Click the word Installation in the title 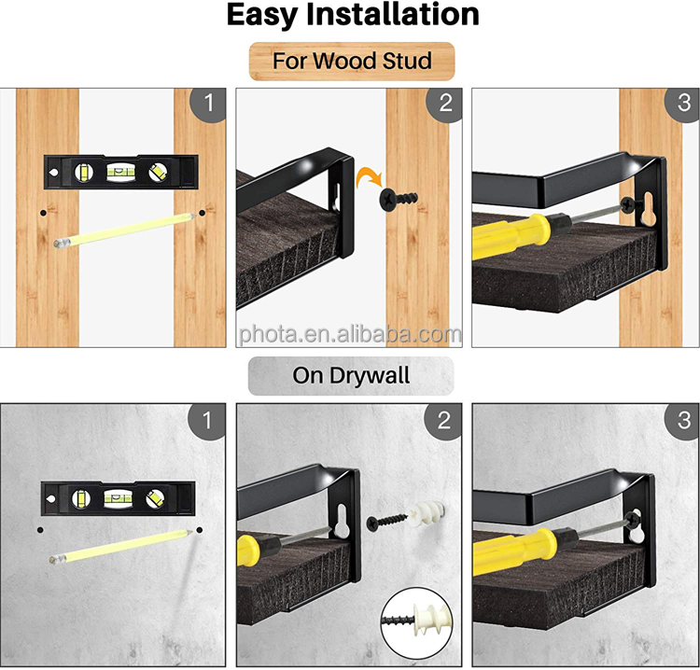pyautogui.click(x=392, y=15)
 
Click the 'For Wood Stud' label pyautogui.click(x=352, y=62)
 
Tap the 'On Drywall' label pyautogui.click(x=351, y=375)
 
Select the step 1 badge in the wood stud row pyautogui.click(x=209, y=104)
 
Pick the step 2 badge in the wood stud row pyautogui.click(x=445, y=104)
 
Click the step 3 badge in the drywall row pyautogui.click(x=682, y=421)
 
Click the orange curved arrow pyautogui.click(x=368, y=176)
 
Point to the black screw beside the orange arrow pyautogui.click(x=399, y=198)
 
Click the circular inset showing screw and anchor pyautogui.click(x=417, y=623)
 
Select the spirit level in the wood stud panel pyautogui.click(x=120, y=172)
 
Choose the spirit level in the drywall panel pyautogui.click(x=119, y=498)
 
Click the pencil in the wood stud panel pyautogui.click(x=124, y=230)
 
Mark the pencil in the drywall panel pyautogui.click(x=121, y=546)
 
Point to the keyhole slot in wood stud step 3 pyautogui.click(x=649, y=210)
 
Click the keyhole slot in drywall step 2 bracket pyautogui.click(x=342, y=521)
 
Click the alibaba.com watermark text pyautogui.click(x=350, y=335)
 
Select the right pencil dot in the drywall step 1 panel pyautogui.click(x=200, y=530)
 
